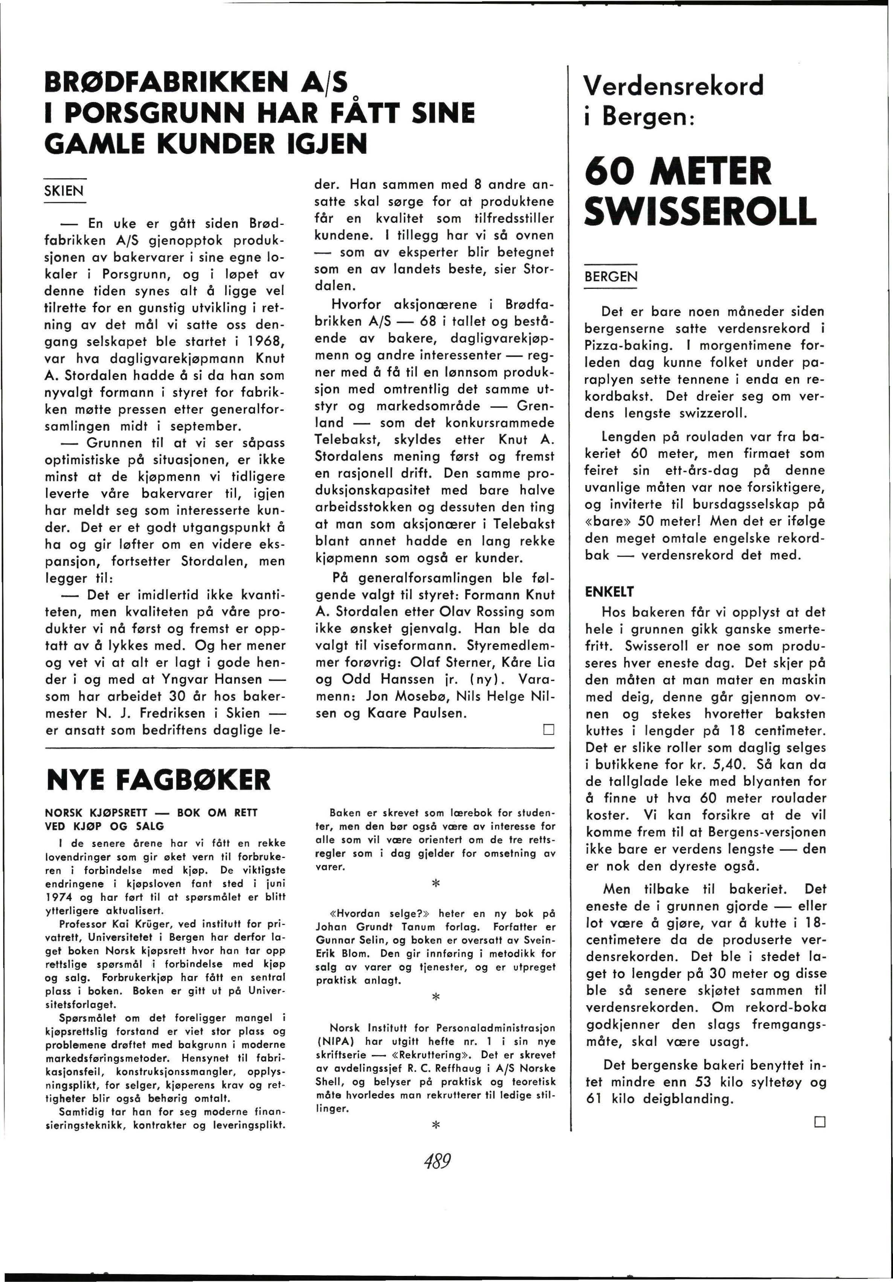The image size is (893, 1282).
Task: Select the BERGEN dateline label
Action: click(611, 277)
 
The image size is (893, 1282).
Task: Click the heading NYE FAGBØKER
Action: click(159, 780)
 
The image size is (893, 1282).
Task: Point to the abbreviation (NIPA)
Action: click(336, 1041)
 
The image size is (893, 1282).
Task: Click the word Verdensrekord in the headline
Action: click(673, 86)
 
